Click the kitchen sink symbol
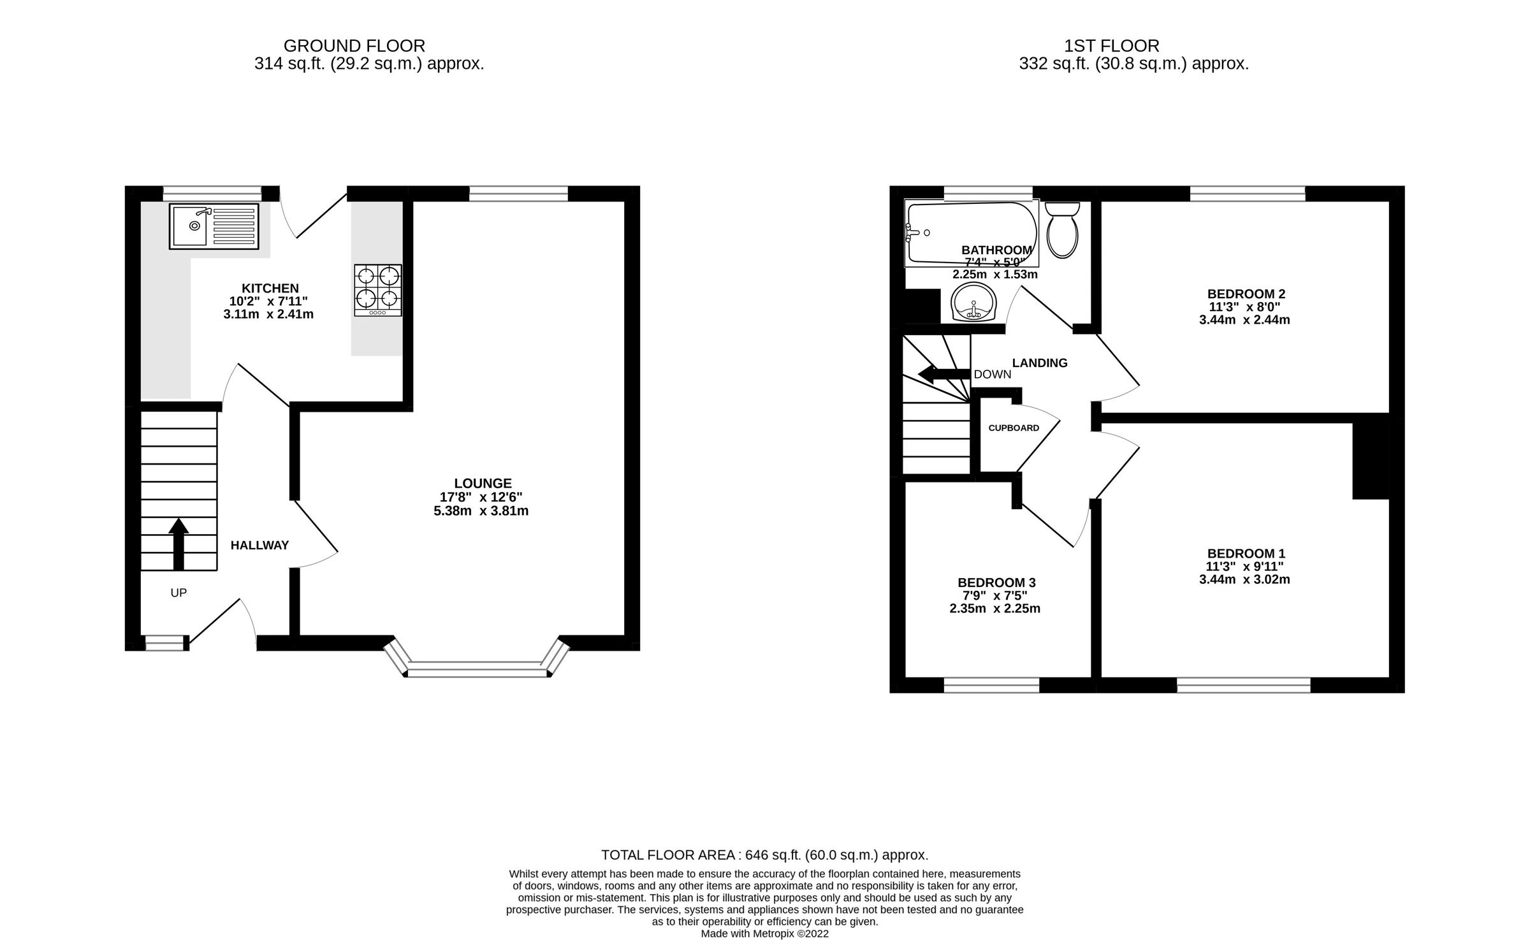point(214,226)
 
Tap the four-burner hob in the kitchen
point(378,290)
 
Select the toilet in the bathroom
point(1062,231)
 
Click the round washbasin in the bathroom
point(973,303)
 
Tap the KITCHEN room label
point(270,288)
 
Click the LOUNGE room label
point(483,484)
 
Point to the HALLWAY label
point(259,546)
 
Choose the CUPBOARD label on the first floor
point(1014,428)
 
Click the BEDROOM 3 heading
point(996,582)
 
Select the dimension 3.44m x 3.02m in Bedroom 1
point(1244,579)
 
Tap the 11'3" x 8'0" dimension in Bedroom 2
point(1244,307)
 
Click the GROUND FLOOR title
point(354,46)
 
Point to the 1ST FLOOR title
point(1111,46)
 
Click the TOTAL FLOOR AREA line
point(764,855)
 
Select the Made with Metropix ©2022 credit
point(764,934)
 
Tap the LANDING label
point(1040,363)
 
